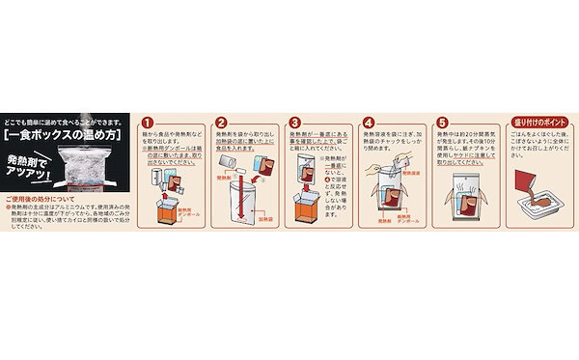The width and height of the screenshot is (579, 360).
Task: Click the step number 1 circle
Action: [x=147, y=124]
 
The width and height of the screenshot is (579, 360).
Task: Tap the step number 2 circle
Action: [x=221, y=124]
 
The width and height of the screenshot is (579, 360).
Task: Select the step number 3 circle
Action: [x=296, y=124]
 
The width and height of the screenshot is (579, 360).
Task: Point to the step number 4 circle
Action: [x=368, y=124]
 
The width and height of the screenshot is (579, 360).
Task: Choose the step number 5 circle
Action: [x=442, y=124]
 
